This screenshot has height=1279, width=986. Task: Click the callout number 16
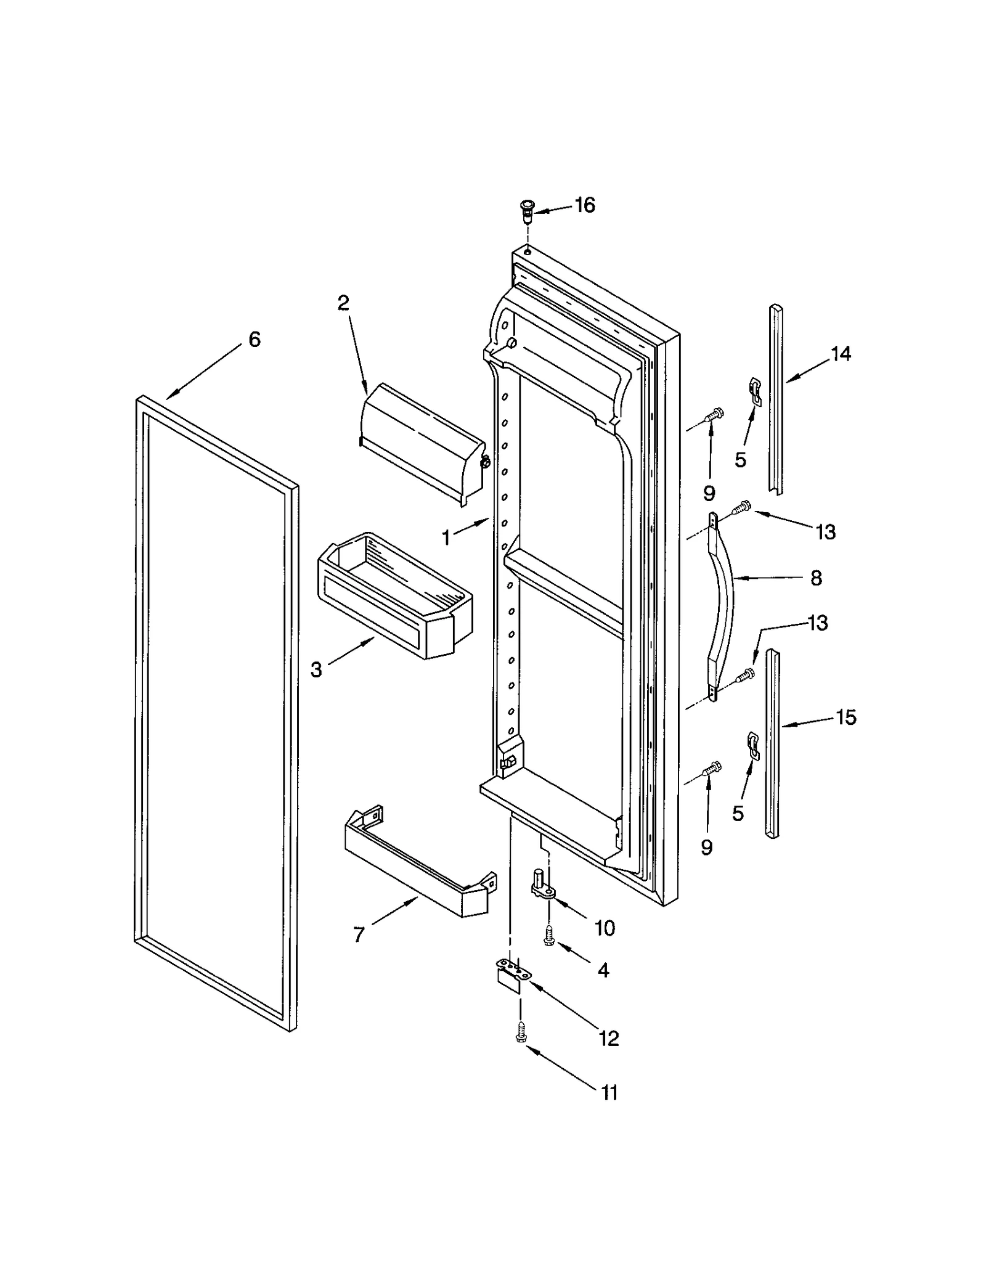[x=584, y=205]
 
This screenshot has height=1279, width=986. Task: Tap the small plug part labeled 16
[x=528, y=211]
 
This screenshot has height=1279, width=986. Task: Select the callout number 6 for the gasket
[x=255, y=339]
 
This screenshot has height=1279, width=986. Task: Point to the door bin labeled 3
[x=394, y=597]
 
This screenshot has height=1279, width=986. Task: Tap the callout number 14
[x=841, y=354]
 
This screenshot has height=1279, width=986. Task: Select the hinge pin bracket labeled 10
[x=541, y=886]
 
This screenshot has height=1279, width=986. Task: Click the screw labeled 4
[x=548, y=938]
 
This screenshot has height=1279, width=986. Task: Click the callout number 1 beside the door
[x=446, y=538]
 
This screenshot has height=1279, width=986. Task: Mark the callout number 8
[x=816, y=578]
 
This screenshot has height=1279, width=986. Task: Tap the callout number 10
[x=605, y=928]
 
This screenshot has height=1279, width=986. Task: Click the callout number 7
[x=359, y=934]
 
